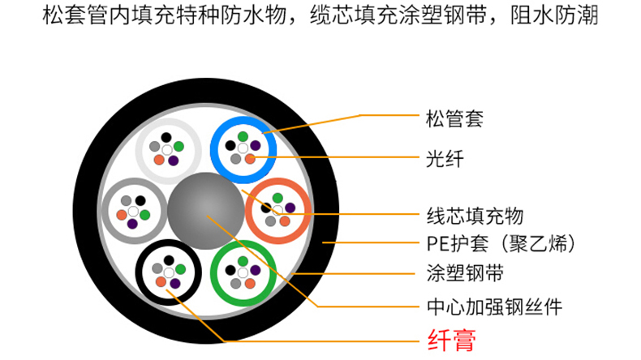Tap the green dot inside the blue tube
(243, 136)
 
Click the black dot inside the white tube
(166, 138)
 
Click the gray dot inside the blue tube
(235, 159)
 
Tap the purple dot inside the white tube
(174, 161)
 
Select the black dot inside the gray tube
(140, 199)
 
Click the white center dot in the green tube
(243, 272)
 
